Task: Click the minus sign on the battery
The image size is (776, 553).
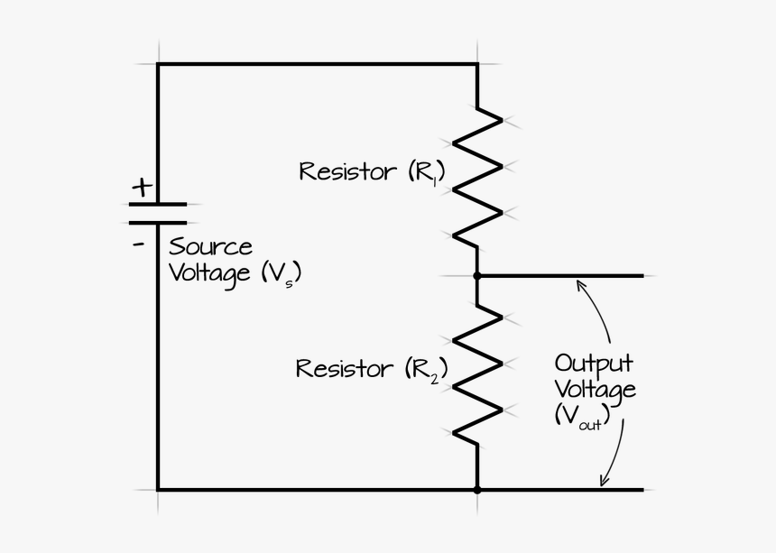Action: point(138,243)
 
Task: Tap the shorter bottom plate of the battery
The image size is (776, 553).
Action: point(158,222)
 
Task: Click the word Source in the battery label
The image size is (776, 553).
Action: point(210,246)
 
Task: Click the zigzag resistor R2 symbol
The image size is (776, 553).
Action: point(476,374)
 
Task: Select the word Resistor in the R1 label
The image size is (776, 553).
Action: point(346,171)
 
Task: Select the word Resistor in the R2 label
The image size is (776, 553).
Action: point(344,368)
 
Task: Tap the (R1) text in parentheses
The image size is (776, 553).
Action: point(426,171)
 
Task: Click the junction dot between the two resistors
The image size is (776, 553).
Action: point(476,275)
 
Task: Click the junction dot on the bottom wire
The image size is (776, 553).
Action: point(476,490)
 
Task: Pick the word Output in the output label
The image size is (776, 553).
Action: point(593,364)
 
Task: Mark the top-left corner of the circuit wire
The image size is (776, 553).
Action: point(158,64)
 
